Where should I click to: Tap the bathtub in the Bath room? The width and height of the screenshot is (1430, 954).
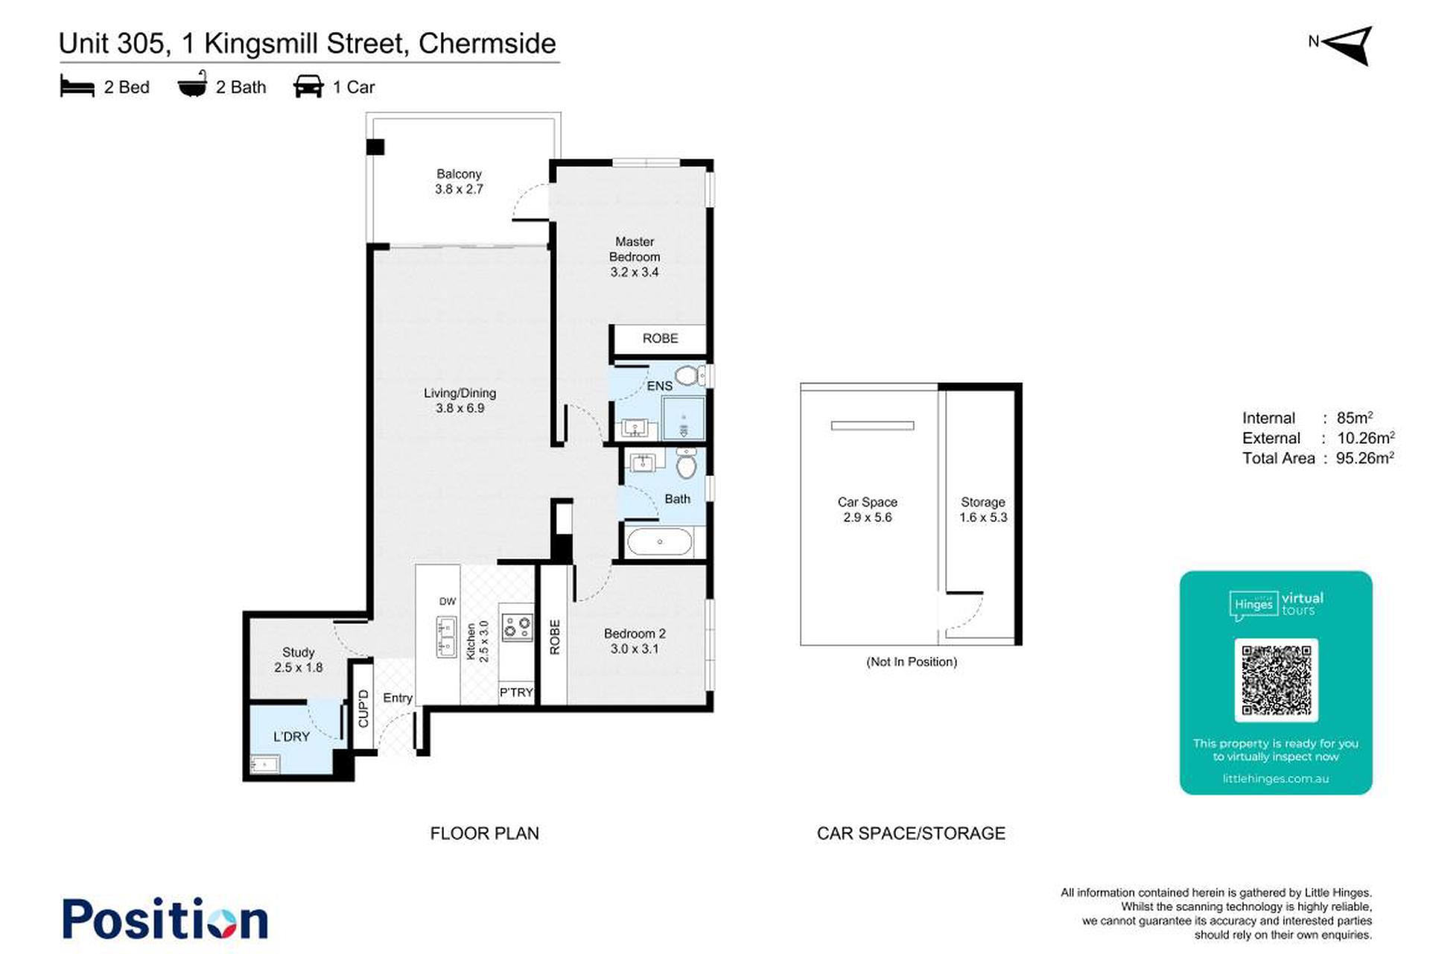[659, 542]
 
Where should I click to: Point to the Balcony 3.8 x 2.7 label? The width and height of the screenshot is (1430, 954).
[459, 182]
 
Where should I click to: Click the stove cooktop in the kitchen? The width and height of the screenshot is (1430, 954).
[517, 627]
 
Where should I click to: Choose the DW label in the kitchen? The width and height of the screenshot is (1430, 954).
[447, 602]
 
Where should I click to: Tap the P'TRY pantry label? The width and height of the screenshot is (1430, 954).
[516, 693]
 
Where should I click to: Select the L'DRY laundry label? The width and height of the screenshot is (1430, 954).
[291, 737]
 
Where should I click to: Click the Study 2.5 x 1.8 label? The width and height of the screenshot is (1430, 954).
[298, 660]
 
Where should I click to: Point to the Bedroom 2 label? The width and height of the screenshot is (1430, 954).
[635, 641]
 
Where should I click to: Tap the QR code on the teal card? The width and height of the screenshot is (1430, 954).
[1276, 681]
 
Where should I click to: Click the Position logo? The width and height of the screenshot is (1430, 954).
[165, 918]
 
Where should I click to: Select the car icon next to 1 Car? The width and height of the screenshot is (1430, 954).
[308, 86]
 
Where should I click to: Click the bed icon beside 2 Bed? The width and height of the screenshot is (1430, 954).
[77, 86]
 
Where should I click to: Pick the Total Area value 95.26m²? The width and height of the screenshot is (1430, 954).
[1364, 458]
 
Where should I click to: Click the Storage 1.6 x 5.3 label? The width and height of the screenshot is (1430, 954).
[983, 510]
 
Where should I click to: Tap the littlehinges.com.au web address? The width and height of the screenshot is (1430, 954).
[1276, 779]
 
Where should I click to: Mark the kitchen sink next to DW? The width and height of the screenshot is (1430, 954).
[447, 637]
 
